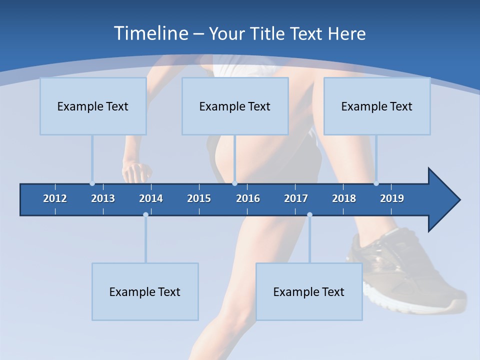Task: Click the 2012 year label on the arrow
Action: [55, 198]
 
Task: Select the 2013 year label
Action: [103, 198]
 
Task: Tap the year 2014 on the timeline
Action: [151, 198]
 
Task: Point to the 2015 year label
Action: [199, 198]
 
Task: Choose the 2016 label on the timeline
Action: [248, 198]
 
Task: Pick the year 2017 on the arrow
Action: [296, 198]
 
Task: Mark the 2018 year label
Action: [344, 198]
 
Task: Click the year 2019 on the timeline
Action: [392, 198]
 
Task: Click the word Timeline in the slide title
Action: [150, 33]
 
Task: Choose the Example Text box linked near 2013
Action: [93, 106]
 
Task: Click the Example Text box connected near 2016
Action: [235, 106]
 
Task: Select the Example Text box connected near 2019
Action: [377, 106]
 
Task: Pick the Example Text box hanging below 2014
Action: [145, 291]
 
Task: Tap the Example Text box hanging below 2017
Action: [309, 291]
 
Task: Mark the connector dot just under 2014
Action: [145, 214]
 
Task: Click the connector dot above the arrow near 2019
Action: [376, 183]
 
